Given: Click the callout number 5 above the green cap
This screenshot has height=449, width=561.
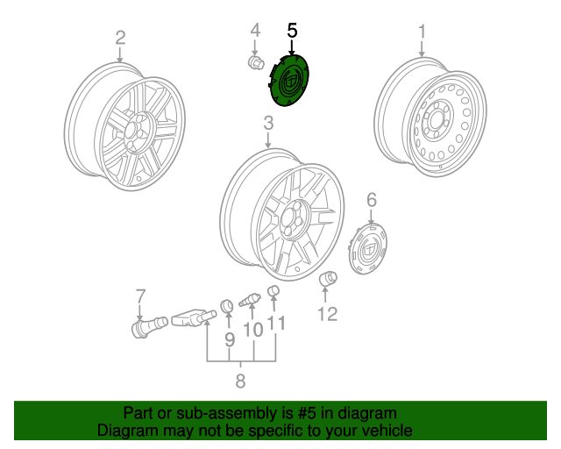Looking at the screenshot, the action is coord(292,31).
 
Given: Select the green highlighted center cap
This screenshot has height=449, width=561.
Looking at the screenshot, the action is coord(288,80).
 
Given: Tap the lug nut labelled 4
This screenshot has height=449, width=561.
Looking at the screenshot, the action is coord(256,63).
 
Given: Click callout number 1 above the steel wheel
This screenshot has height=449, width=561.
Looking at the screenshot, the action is coord(423,32).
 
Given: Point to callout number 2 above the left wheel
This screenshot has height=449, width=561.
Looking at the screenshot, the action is coord(120,38).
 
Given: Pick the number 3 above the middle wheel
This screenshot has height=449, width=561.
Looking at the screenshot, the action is coord(268,123).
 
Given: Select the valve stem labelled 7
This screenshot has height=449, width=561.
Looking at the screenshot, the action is coord(149,326).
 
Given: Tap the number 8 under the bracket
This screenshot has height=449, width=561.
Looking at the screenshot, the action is coord(240,381).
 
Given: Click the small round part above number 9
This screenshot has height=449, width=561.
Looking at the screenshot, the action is coord(227,305).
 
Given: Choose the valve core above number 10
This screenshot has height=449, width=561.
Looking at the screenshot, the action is coord(250,300).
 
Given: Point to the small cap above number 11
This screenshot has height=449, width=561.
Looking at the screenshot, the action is coord(273,290).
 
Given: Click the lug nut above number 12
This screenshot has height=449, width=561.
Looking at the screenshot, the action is coord(328,279).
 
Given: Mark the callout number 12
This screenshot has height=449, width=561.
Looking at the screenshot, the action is coord(327,314).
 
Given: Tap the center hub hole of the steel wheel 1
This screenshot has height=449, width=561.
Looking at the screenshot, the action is coord(437,121).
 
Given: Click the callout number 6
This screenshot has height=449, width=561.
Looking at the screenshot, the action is coord(372,199).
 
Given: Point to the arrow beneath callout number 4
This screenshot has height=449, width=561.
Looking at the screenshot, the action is coord(255,47).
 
